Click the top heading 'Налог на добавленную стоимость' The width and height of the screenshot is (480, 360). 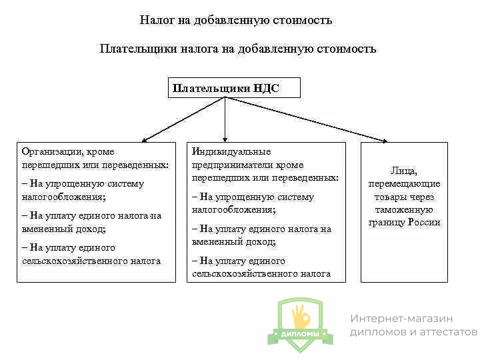(236, 20)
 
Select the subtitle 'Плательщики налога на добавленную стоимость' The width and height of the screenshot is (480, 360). (238, 49)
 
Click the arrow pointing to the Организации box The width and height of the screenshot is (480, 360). (183, 119)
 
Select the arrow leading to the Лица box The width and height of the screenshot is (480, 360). (307, 119)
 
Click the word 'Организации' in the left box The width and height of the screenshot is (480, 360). (49, 151)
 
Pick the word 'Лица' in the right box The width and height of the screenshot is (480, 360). (404, 171)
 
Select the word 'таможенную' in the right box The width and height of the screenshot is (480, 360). (404, 209)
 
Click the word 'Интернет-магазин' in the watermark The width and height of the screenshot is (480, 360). (401, 319)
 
